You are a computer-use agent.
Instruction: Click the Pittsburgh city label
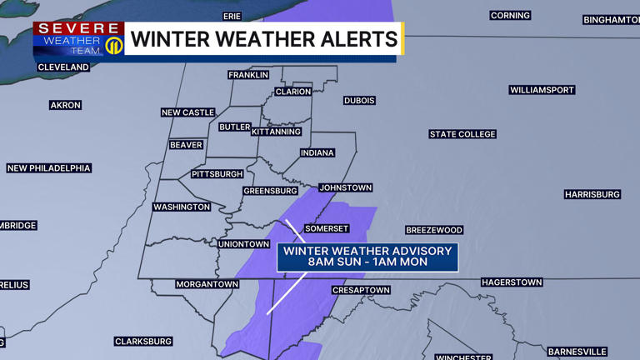[x=217, y=174]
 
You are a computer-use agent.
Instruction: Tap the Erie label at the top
[x=232, y=16]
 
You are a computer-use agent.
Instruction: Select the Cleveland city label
[x=63, y=67]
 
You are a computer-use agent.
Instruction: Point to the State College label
[x=462, y=134]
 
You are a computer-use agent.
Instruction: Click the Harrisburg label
[x=592, y=194]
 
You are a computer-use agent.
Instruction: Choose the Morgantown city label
[x=207, y=284]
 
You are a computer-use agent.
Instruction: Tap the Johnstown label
[x=345, y=187]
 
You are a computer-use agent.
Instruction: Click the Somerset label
[x=326, y=228]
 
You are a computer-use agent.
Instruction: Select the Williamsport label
[x=542, y=89]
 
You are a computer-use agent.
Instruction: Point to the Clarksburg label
[x=143, y=341]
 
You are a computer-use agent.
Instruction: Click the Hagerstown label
[x=512, y=282]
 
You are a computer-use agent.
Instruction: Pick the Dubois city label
[x=359, y=101]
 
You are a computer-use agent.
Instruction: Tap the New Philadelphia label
[x=49, y=168]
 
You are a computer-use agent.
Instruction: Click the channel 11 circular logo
[x=114, y=44]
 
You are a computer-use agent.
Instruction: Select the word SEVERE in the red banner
[x=79, y=28]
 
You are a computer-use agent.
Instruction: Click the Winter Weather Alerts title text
[x=263, y=38]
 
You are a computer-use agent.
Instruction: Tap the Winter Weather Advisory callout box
[x=367, y=256]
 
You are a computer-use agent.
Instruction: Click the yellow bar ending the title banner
[x=402, y=38]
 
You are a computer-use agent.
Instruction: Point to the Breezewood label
[x=434, y=230]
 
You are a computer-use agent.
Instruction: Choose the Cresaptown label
[x=361, y=290]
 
